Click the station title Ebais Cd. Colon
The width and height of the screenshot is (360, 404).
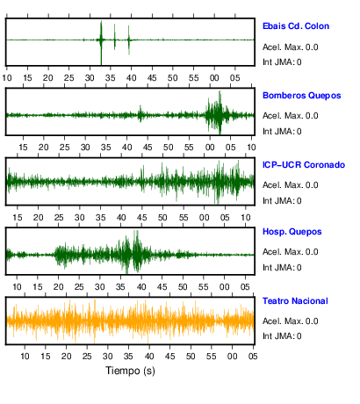(296, 26)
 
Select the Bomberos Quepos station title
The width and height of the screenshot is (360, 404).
(302, 96)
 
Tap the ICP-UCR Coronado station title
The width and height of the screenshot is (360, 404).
(304, 165)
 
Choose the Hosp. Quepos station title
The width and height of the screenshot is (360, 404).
(292, 232)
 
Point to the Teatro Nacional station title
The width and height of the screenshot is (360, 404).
(295, 301)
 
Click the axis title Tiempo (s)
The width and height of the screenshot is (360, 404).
(130, 371)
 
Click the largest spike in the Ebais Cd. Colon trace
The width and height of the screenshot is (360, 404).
(101, 42)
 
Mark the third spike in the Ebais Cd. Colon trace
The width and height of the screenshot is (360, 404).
(128, 40)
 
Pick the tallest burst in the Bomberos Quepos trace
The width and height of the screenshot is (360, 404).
(220, 112)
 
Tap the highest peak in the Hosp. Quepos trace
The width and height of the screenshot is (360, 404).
(136, 251)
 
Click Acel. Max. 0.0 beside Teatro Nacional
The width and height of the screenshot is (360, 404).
(290, 321)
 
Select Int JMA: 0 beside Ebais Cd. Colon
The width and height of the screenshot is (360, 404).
(282, 62)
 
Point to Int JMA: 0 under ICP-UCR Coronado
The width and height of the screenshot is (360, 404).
(282, 201)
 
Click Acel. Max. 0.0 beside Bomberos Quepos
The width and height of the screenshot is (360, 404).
(290, 116)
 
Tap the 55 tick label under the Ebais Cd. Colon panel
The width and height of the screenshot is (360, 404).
(193, 78)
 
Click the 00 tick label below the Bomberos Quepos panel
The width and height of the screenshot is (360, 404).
(210, 148)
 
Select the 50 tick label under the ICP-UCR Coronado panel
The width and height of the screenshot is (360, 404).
(162, 218)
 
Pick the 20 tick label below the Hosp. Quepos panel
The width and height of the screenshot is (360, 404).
(58, 287)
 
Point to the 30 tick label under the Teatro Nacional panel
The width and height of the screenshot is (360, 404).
(107, 357)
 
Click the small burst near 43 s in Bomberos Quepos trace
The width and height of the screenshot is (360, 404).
(140, 114)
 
